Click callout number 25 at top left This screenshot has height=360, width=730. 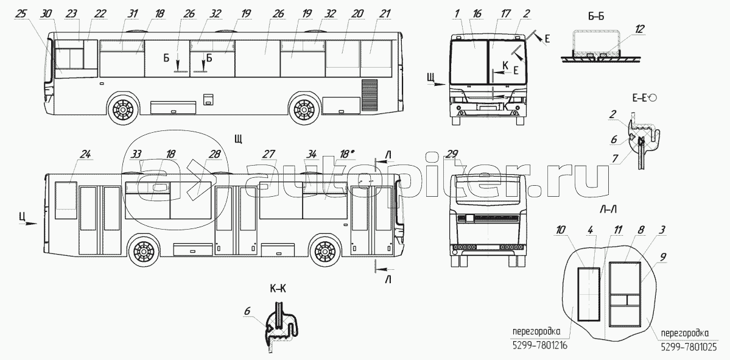(21, 13)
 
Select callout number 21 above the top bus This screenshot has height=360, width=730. (384, 13)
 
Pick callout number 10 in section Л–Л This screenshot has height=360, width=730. (561, 229)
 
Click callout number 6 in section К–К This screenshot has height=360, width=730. (247, 311)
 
